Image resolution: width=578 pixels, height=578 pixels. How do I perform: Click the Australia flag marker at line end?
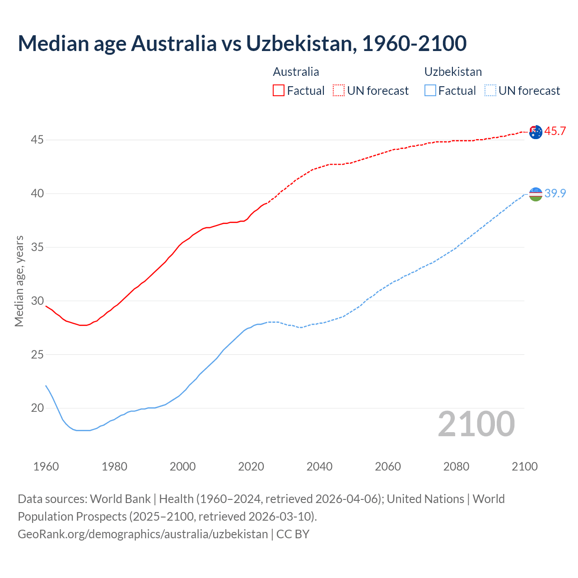(x=536, y=132)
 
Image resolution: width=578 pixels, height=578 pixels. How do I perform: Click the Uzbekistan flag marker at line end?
(x=536, y=194)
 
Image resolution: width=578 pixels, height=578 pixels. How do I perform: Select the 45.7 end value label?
(x=555, y=131)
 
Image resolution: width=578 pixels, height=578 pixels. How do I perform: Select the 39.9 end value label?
(x=555, y=193)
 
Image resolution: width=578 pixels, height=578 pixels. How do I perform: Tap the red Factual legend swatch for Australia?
(x=279, y=91)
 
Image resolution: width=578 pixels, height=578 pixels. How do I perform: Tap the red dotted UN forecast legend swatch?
(x=339, y=91)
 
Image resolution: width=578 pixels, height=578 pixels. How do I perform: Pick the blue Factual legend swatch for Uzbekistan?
(x=430, y=91)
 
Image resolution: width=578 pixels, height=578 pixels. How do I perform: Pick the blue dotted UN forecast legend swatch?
(x=490, y=91)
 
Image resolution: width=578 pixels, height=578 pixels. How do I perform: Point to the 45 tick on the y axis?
(x=37, y=140)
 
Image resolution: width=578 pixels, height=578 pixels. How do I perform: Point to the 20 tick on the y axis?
(x=37, y=408)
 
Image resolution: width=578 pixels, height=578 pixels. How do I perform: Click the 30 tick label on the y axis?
(x=37, y=301)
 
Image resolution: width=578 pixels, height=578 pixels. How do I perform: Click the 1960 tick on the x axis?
(x=46, y=466)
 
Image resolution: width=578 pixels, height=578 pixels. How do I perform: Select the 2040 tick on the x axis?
(x=319, y=466)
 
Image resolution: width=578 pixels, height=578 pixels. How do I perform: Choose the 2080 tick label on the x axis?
(x=456, y=466)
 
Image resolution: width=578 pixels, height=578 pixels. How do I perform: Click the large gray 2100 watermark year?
(x=476, y=424)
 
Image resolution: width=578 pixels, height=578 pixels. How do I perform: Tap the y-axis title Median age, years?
(x=19, y=281)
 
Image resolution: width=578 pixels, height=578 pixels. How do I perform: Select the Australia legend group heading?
(x=296, y=72)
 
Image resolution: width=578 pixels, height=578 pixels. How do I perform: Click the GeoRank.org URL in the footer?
(x=143, y=534)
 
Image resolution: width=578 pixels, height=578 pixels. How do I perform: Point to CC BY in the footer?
(x=293, y=534)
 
